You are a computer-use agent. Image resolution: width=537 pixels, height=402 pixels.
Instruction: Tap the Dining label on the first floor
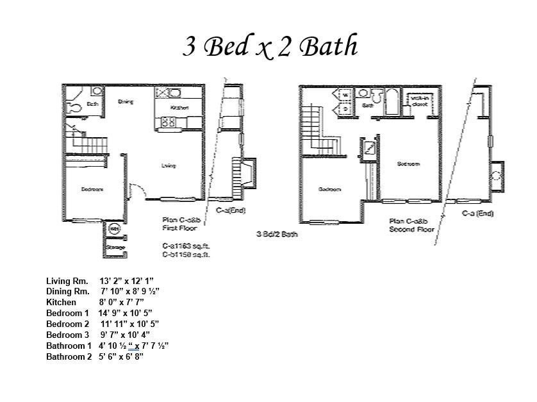(x=126, y=101)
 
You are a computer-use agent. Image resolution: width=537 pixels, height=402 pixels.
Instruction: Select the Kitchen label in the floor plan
(x=180, y=108)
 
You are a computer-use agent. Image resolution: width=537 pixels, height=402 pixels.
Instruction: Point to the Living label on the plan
(x=169, y=166)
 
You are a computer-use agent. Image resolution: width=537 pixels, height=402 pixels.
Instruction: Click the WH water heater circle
(x=114, y=228)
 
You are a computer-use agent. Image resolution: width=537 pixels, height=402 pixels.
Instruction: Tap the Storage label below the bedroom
(x=115, y=247)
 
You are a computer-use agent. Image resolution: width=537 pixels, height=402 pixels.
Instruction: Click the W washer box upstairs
(x=344, y=95)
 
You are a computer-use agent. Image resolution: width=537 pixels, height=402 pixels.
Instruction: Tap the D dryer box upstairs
(x=344, y=108)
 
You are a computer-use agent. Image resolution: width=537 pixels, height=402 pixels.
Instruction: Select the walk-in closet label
(x=420, y=101)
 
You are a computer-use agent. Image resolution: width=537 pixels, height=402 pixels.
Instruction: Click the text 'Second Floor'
(x=411, y=229)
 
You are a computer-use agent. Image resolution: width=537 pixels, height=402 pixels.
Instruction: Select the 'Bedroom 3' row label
(x=68, y=335)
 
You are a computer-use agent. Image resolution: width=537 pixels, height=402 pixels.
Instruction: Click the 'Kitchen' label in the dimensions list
(x=61, y=303)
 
